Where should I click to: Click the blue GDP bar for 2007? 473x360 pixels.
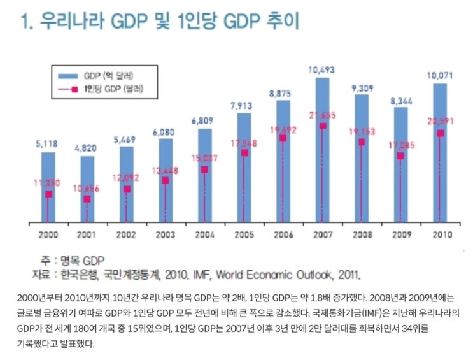[x=323, y=102]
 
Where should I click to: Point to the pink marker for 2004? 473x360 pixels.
[x=204, y=169]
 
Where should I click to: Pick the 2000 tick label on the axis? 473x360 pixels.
[x=48, y=234]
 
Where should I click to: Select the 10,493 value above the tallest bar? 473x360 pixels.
[x=322, y=70]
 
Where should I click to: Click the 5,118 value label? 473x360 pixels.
[x=48, y=145]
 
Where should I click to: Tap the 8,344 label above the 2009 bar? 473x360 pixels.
[x=400, y=100]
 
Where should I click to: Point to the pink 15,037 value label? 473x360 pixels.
[x=204, y=157]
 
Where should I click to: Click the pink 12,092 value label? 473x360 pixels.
[x=126, y=176]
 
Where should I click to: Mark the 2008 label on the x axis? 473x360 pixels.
[x=362, y=234]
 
